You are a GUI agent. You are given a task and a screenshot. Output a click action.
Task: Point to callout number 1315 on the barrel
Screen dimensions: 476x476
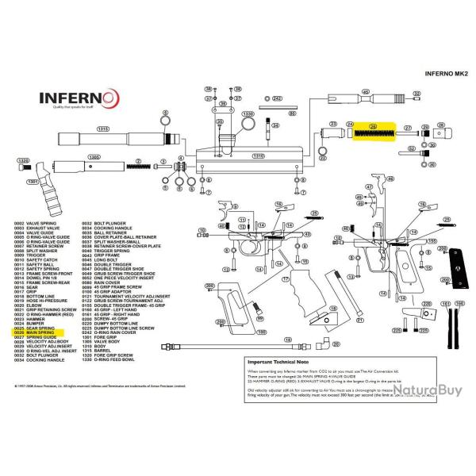tap(102, 128)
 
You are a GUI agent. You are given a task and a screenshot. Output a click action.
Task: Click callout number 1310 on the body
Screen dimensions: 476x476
tap(258, 156)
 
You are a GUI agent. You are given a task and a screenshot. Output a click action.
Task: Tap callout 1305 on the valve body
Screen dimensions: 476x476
tap(94, 158)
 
